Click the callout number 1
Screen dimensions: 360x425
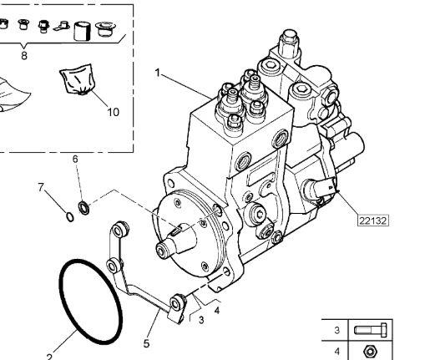(156, 73)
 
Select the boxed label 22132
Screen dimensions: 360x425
(372, 221)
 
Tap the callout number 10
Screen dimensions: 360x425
(113, 111)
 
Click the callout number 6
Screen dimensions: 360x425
(75, 159)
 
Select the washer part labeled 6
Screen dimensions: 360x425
(83, 205)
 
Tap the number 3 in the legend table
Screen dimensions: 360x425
(336, 330)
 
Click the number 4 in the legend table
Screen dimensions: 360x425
(336, 352)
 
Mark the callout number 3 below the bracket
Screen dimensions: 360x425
(200, 318)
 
